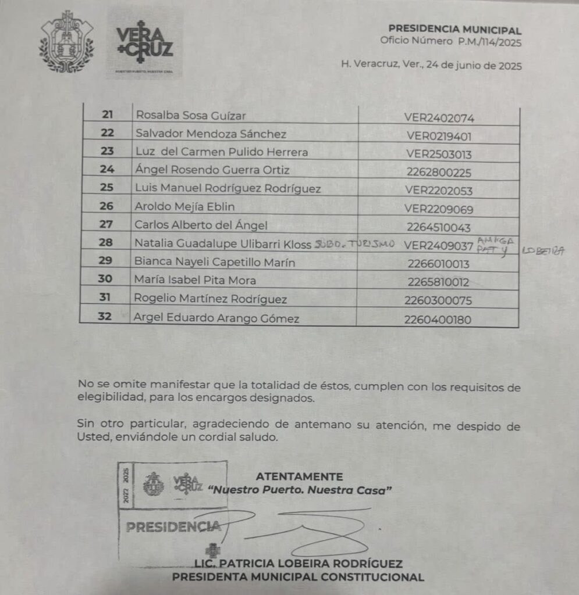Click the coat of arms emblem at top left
(x=66, y=42)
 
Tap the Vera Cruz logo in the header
(x=145, y=43)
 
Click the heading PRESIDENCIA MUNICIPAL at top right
(x=455, y=31)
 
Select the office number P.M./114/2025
(x=487, y=42)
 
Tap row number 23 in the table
(x=107, y=153)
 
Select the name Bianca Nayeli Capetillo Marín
(x=215, y=263)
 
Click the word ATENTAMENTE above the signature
(x=299, y=476)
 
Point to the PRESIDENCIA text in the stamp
(x=173, y=528)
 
